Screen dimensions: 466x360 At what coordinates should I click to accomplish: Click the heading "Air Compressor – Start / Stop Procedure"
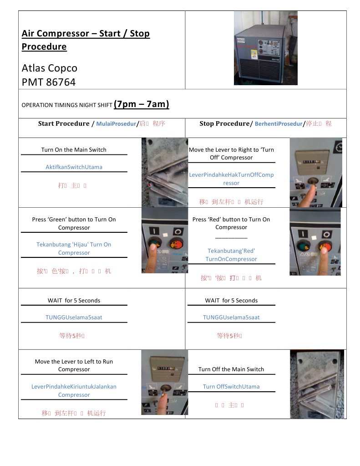pyautogui.click(x=86, y=40)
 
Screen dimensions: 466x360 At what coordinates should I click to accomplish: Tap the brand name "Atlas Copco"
pyautogui.click(x=50, y=68)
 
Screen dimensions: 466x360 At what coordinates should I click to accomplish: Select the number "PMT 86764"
pyautogui.click(x=49, y=82)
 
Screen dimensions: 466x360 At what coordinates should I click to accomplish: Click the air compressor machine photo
pyautogui.click(x=265, y=48)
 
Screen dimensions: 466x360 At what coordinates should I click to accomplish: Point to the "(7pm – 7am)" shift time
pyautogui.click(x=142, y=104)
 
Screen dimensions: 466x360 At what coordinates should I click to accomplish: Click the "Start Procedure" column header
pyautogui.click(x=64, y=123)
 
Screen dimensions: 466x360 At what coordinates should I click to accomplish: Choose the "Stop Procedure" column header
pyautogui.click(x=225, y=123)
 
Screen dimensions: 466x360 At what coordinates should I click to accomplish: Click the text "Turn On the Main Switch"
pyautogui.click(x=74, y=149)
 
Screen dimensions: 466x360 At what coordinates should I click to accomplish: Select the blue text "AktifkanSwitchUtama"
pyautogui.click(x=74, y=167)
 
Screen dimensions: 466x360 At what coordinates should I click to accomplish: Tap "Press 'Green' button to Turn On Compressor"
pyautogui.click(x=74, y=223)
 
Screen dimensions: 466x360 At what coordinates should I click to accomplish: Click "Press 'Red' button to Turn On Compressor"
pyautogui.click(x=231, y=223)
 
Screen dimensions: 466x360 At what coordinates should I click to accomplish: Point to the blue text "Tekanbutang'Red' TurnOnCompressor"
pyautogui.click(x=232, y=255)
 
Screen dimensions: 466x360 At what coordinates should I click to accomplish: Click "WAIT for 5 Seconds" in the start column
pyautogui.click(x=74, y=300)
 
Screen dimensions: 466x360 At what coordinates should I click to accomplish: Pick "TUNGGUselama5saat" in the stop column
pyautogui.click(x=231, y=317)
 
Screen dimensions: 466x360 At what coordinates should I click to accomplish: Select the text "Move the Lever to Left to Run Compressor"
pyautogui.click(x=74, y=365)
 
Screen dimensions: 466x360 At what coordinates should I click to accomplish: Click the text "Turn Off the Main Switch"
pyautogui.click(x=231, y=369)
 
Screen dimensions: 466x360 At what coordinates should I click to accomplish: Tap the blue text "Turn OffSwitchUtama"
pyautogui.click(x=231, y=386)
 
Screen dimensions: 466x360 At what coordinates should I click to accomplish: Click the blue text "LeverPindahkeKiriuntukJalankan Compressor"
pyautogui.click(x=74, y=390)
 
